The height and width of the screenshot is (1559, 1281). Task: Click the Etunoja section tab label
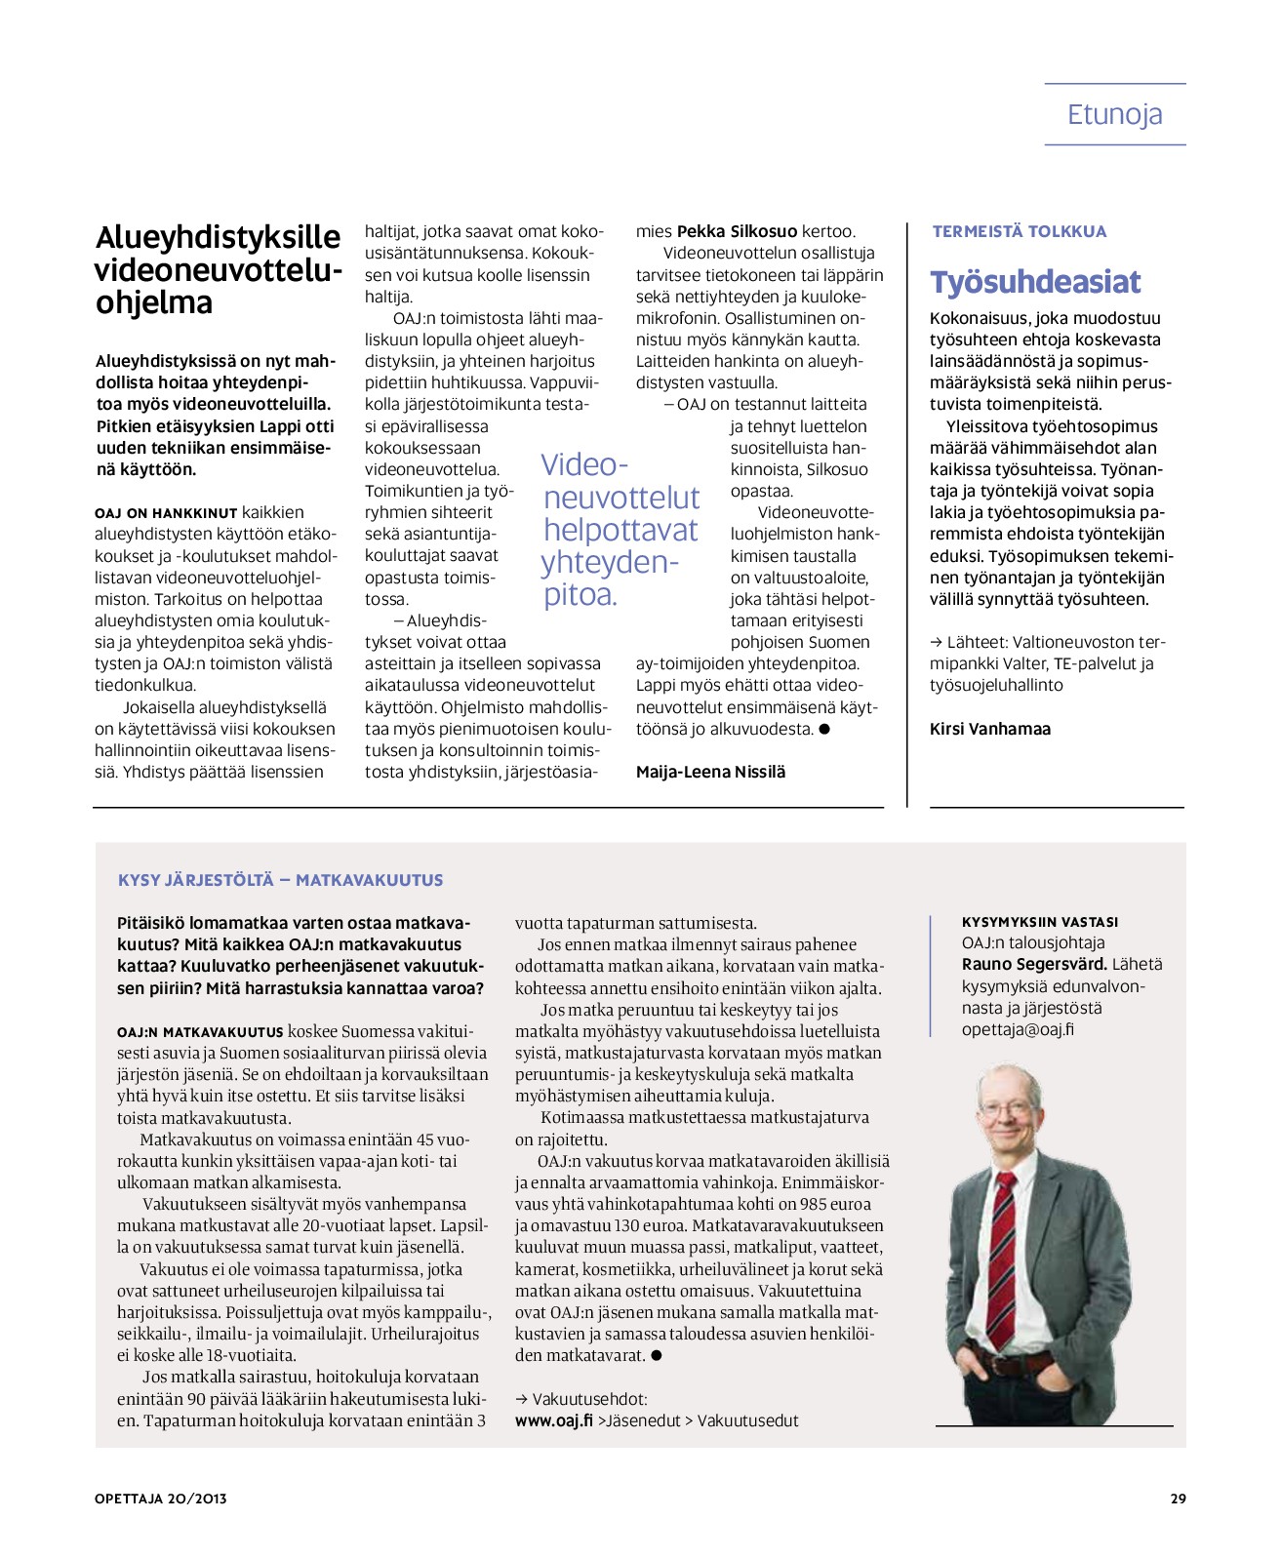[1114, 115]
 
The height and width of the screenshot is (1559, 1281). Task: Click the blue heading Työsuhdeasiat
[1035, 282]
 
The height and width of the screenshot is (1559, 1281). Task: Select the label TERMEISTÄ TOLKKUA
[1020, 231]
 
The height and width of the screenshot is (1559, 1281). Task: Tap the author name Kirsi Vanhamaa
[990, 729]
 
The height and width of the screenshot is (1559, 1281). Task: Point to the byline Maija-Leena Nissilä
[710, 772]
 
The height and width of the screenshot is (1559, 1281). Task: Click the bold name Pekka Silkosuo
[737, 231]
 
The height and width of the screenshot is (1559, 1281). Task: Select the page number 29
[1178, 1499]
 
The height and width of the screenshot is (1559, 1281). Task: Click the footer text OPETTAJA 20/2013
[161, 1499]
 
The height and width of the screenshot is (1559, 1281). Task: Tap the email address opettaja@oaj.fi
[1018, 1029]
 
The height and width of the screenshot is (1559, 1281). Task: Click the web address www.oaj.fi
[554, 1420]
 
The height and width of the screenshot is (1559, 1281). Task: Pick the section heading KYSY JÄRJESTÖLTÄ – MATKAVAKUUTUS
[280, 880]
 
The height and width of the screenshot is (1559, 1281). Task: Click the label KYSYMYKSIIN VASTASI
[1040, 922]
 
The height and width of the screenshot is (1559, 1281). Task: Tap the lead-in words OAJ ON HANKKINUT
[166, 513]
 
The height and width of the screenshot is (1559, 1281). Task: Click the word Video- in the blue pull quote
[584, 464]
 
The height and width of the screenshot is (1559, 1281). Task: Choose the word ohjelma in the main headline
[154, 302]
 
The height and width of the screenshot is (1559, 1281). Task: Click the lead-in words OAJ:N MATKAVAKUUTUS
[200, 1031]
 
